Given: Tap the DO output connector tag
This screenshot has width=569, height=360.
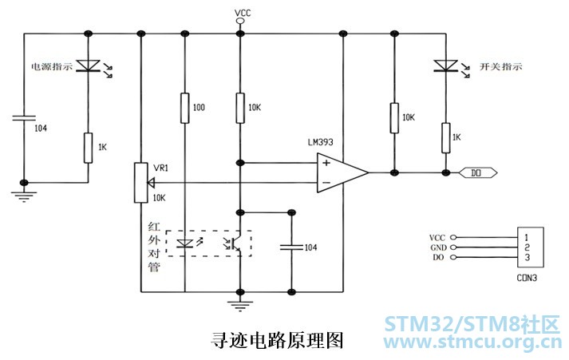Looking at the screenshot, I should point(479,172).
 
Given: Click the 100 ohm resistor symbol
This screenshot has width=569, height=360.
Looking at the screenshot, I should point(184,109).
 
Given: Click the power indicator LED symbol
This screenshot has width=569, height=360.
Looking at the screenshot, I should point(86,65).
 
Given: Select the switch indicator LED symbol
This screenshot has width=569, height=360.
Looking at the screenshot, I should point(445,65).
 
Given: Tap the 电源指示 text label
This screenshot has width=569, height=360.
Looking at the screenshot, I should point(51,67).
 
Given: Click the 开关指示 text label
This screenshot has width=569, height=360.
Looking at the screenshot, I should point(485,66).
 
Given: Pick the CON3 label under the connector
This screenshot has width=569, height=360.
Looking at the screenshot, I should point(527,279).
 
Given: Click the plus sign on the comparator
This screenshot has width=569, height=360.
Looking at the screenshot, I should point(326,164).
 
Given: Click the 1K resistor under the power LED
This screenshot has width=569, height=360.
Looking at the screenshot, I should point(86,147).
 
